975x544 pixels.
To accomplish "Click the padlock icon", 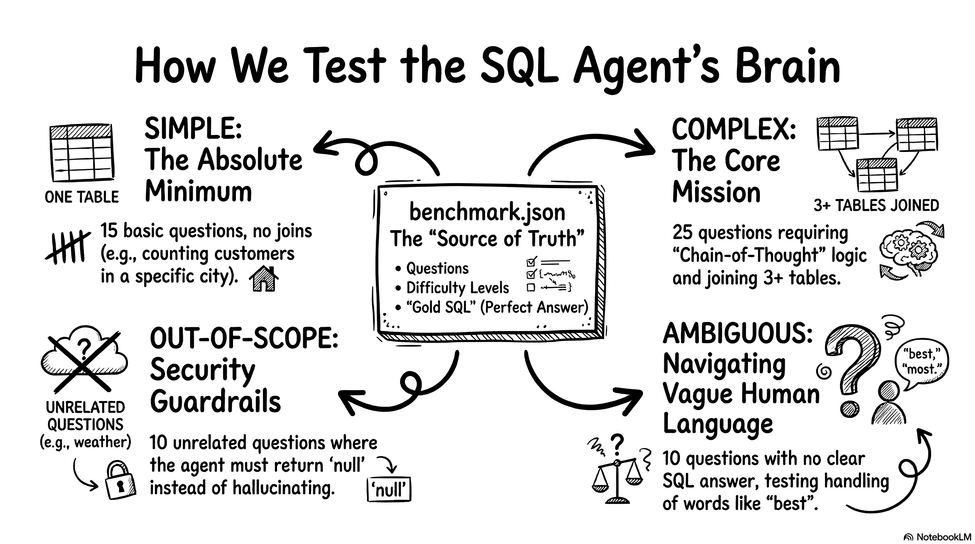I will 120,481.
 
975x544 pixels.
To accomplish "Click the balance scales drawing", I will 617,481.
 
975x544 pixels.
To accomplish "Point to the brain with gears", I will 908,251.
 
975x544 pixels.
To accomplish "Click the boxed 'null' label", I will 389,490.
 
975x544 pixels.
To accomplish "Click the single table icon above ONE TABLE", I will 82,153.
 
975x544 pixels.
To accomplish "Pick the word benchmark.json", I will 487,212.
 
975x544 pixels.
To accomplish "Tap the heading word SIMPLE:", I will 193,129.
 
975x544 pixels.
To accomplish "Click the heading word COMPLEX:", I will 734,129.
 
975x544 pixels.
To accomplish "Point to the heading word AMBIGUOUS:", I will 738,333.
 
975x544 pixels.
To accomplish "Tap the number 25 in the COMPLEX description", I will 682,233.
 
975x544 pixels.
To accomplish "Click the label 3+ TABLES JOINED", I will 876,205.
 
